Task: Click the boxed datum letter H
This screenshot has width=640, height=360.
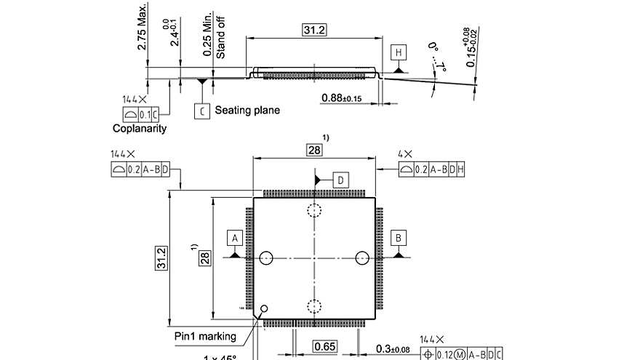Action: tap(398, 52)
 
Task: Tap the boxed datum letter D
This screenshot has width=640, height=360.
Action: tap(341, 180)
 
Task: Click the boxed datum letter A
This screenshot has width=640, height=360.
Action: tap(234, 238)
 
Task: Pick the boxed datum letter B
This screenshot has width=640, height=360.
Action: tap(399, 238)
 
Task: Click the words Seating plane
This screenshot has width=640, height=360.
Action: tap(247, 111)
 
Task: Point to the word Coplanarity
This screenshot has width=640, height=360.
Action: tap(140, 129)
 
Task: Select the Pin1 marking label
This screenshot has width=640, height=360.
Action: tap(205, 336)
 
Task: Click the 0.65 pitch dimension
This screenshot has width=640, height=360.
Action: tap(325, 347)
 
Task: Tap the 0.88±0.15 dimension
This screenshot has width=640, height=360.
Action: tap(341, 97)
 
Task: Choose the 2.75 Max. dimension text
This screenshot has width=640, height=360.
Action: tap(142, 26)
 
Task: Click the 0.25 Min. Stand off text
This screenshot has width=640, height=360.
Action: tap(215, 34)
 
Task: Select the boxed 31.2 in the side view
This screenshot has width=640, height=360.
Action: tap(314, 30)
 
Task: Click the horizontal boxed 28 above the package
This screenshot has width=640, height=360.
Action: tap(314, 150)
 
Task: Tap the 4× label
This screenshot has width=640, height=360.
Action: tap(405, 154)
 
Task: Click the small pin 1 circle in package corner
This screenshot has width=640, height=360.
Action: tap(264, 308)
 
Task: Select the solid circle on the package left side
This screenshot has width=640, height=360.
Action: tap(266, 257)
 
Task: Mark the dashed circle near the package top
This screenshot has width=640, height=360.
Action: tap(314, 211)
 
